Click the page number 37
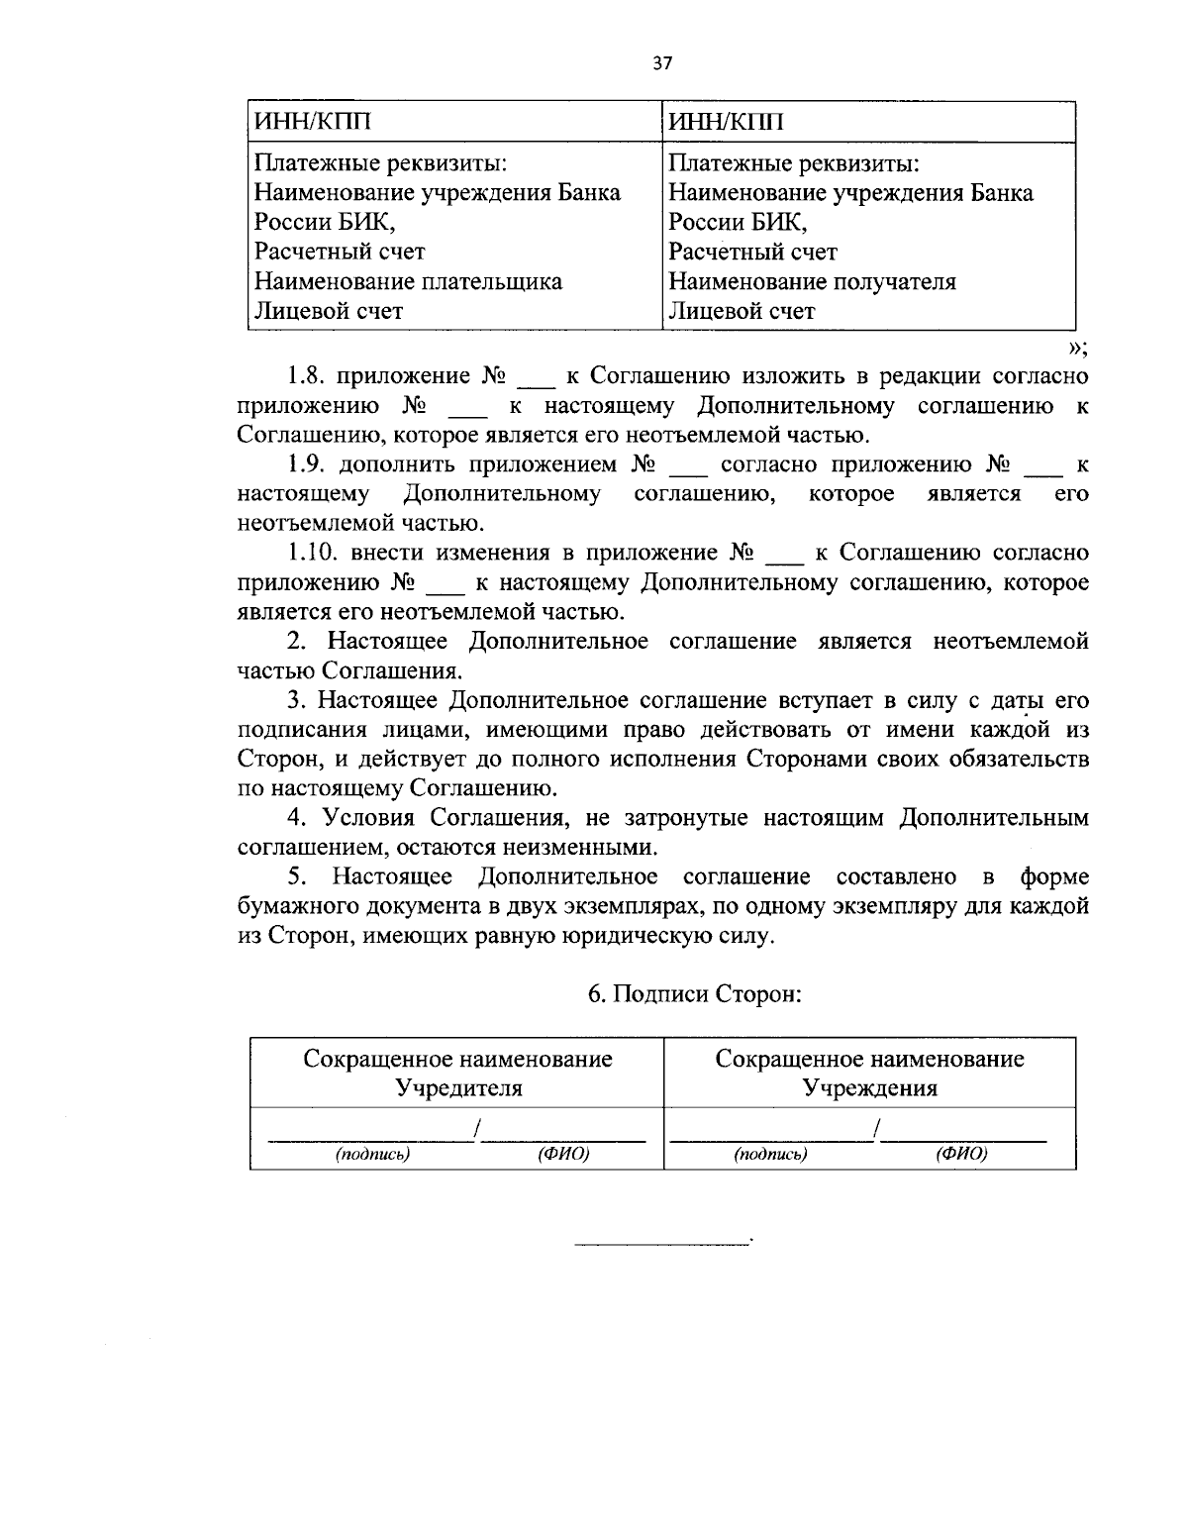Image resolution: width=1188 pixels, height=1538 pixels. click(x=662, y=63)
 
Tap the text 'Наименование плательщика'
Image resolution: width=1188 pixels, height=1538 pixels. click(x=408, y=281)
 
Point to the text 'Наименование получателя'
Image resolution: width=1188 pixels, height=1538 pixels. click(x=812, y=281)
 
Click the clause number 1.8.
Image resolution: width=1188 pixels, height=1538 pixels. click(x=307, y=376)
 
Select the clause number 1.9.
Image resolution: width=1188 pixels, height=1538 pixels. click(x=308, y=464)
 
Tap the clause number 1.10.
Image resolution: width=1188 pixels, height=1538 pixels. click(x=313, y=553)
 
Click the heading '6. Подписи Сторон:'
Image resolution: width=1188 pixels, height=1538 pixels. click(x=694, y=994)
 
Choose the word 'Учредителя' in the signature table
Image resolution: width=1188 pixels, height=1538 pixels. click(x=458, y=1088)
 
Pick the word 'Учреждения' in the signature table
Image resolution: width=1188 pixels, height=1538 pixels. click(x=869, y=1088)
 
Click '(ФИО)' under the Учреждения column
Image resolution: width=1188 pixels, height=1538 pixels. click(x=961, y=1154)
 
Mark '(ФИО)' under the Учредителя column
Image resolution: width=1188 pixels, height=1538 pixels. click(x=563, y=1154)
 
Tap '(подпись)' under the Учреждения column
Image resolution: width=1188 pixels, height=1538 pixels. click(x=770, y=1154)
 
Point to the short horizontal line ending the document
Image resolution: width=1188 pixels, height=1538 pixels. click(x=663, y=1241)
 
